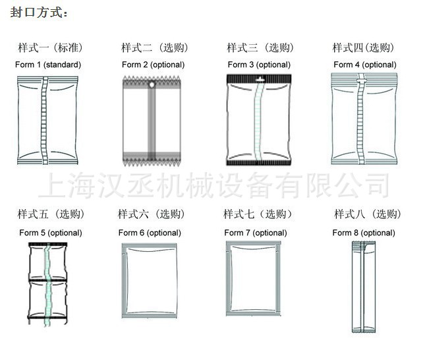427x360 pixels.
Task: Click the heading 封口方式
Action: (39, 13)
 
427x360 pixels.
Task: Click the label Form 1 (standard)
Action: (48, 65)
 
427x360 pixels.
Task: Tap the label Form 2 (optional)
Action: (154, 65)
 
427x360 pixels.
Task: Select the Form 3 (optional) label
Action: (259, 65)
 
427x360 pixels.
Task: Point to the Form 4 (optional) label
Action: (365, 65)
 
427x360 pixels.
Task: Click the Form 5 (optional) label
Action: (51, 233)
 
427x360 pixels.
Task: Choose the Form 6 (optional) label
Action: (150, 233)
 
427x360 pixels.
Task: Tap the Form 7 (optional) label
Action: (256, 233)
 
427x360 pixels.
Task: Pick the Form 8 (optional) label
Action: (364, 233)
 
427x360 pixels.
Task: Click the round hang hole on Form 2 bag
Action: (152, 85)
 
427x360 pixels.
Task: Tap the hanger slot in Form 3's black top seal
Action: (260, 79)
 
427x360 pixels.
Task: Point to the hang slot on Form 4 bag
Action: (362, 80)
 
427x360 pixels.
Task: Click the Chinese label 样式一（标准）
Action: (51, 47)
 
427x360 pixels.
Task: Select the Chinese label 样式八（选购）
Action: (368, 214)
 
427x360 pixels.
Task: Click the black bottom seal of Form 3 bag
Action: (259, 163)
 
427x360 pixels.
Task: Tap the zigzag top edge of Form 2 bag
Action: (152, 79)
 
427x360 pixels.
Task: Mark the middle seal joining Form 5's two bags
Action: (47, 280)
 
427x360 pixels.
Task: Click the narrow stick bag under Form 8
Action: (364, 287)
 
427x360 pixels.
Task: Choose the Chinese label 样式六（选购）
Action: (152, 214)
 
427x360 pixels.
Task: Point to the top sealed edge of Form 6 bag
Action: (150, 245)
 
